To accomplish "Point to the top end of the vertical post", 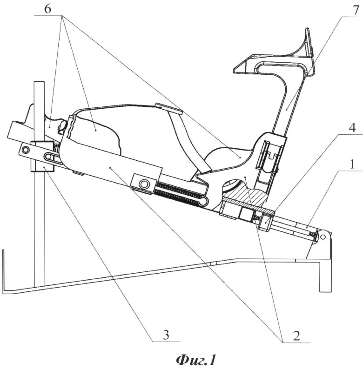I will [x=39, y=84].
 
